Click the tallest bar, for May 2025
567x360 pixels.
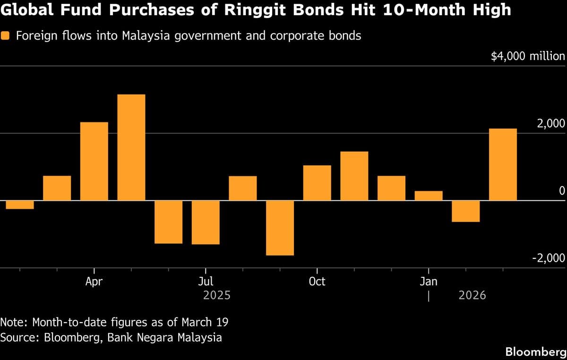coord(131,147)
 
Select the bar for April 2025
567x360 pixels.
coord(94,161)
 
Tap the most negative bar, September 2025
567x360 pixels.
coord(280,228)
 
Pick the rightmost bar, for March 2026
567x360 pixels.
coord(503,164)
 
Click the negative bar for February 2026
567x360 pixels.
coord(466,211)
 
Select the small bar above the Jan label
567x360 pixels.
coord(429,196)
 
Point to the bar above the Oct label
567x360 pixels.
coord(317,183)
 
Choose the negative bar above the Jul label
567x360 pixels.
coord(206,222)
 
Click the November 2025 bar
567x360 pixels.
coord(354,176)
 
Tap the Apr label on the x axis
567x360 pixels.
coord(94,282)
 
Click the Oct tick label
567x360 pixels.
coord(317,282)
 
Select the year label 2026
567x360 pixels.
coord(472,295)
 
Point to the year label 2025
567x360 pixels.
coord(216,295)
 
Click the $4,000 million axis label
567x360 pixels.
coord(527,57)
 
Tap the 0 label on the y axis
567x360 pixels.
coord(562,191)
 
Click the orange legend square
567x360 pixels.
coord(6,36)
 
